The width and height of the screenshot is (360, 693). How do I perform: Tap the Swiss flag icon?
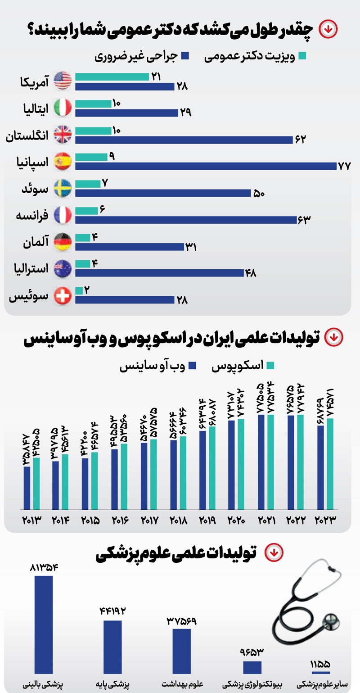63,295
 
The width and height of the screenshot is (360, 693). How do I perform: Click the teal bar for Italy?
93,104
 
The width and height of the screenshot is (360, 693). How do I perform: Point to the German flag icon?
63,242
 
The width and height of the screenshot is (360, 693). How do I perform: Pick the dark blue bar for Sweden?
163,193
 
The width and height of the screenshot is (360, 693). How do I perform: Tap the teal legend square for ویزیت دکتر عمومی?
302,56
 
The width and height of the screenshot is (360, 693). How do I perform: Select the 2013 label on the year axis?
31,520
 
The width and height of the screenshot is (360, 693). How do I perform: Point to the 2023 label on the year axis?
325,520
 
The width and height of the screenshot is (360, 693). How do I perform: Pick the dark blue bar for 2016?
115,479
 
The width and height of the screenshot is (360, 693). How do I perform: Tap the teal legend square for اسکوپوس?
270,366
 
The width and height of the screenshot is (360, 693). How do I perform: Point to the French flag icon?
63,215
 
